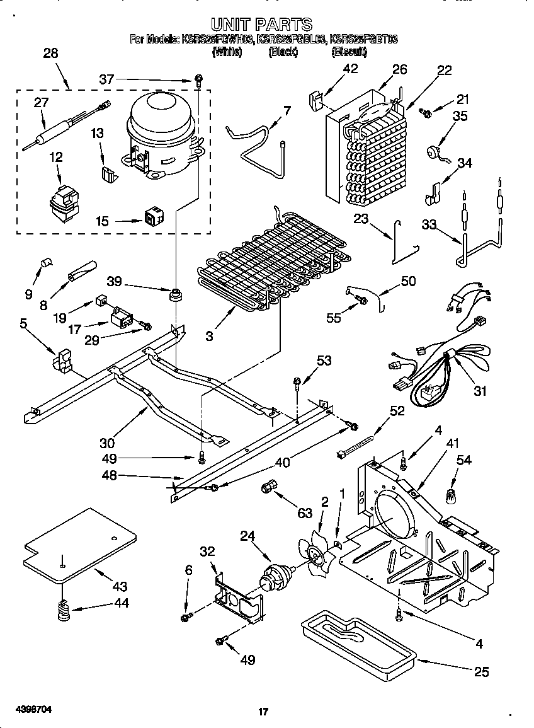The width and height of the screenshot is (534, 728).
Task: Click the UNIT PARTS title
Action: pos(261,25)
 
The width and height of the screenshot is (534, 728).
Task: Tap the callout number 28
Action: pos(50,54)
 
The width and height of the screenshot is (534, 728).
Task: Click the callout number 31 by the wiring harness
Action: pos(480,391)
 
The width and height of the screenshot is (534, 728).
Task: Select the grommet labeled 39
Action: pos(174,294)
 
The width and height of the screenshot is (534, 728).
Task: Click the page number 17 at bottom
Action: pos(264,712)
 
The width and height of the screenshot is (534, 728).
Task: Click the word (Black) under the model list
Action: pos(283,52)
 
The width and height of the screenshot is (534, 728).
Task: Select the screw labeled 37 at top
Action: pos(199,80)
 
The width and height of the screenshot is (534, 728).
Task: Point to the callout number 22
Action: pos(444,71)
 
